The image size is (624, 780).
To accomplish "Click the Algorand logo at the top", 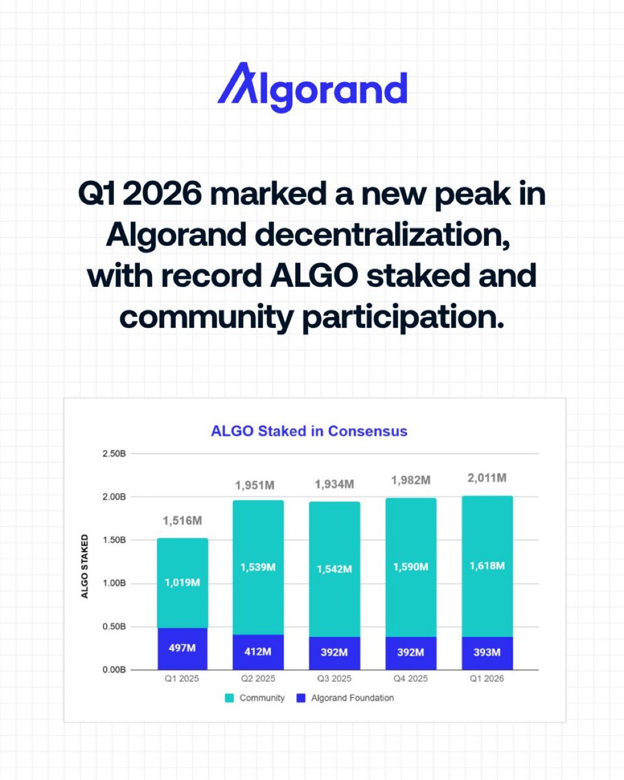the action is (x=312, y=88).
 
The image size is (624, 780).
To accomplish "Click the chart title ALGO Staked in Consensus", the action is (x=309, y=431).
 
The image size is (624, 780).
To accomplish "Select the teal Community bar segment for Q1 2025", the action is (x=182, y=583).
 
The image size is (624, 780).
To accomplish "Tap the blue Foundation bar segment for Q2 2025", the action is (x=258, y=652).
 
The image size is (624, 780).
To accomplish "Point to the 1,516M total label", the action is (x=182, y=521).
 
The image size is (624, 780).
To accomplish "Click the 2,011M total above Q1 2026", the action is (x=487, y=478).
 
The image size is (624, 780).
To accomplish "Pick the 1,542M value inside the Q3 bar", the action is (x=334, y=569).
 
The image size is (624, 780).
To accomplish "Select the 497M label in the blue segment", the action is (x=182, y=647).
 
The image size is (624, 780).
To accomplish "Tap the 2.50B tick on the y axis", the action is (x=114, y=454).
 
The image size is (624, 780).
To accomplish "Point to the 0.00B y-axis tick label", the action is (x=114, y=670).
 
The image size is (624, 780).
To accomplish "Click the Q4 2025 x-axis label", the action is (x=411, y=679).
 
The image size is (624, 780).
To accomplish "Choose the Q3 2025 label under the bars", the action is (x=334, y=679).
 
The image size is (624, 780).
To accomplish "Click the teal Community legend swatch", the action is (x=230, y=698).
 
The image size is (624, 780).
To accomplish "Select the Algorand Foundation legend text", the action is (x=352, y=698).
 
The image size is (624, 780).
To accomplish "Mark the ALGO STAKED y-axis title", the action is (x=84, y=567).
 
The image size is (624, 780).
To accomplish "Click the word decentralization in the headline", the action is (x=382, y=236).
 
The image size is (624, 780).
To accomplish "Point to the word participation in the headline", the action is (x=403, y=318).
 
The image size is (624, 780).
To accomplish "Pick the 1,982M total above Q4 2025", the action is (x=411, y=480).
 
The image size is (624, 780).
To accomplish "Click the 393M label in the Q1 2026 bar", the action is (x=487, y=653).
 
